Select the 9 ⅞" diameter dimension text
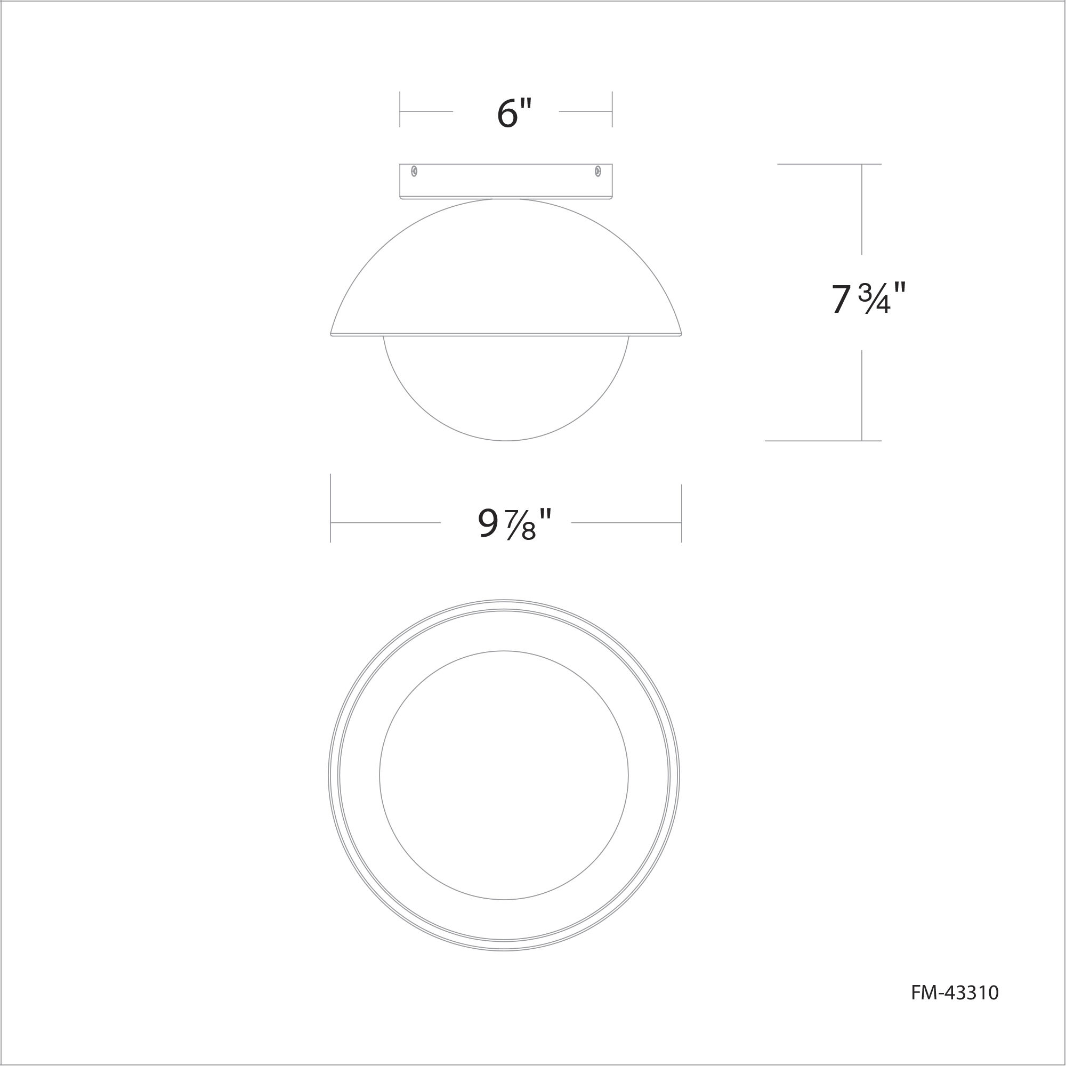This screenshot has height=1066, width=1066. tap(514, 523)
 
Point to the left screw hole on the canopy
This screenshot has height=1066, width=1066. tap(414, 172)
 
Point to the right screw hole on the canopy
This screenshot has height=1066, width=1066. tap(597, 172)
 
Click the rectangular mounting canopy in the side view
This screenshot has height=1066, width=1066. tap(506, 181)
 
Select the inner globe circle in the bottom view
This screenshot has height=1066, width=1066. tap(504, 774)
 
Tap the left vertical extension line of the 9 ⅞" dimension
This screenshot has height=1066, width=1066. tap(330, 507)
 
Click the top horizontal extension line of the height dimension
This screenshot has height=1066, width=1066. tap(828, 164)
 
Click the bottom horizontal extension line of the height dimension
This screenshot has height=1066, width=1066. tap(822, 441)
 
